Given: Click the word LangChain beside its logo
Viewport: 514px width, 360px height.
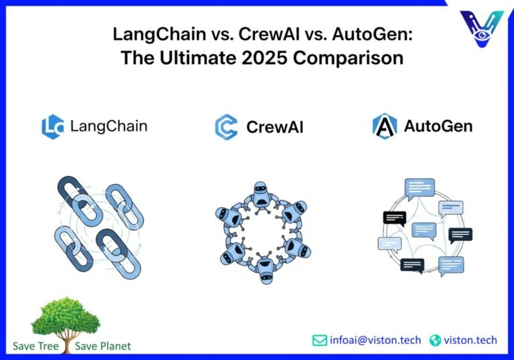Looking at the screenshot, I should coord(108,126).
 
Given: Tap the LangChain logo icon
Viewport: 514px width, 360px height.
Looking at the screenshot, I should coord(53,126).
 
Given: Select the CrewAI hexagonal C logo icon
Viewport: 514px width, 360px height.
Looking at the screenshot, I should coord(226,126).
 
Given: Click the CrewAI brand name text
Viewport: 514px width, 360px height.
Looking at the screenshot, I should coord(274,127).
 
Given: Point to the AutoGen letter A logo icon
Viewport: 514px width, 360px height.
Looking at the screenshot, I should coord(384,126).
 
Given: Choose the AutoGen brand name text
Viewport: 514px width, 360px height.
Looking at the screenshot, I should coord(438,126).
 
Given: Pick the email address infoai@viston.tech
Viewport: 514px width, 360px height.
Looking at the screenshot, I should coord(375,341).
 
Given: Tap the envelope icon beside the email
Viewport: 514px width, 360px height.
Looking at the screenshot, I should coord(320,341).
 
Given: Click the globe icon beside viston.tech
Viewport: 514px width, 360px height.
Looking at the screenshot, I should coord(436,341).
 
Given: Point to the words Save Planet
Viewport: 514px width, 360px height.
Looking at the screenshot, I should coord(103,346).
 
